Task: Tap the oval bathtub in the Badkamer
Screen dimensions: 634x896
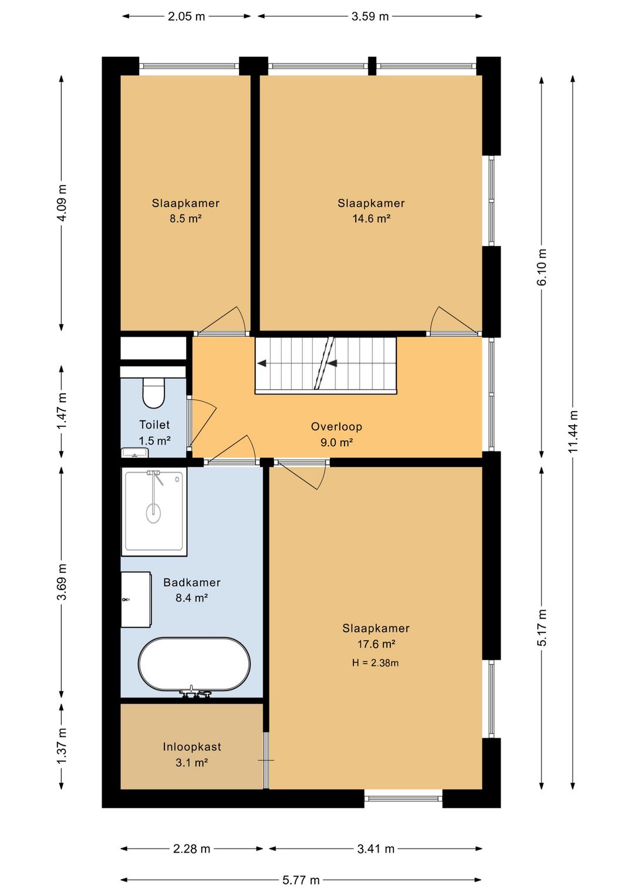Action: click(194, 664)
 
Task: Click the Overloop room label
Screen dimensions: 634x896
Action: click(336, 426)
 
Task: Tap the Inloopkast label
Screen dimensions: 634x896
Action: click(191, 747)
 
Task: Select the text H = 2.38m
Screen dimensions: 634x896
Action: click(375, 663)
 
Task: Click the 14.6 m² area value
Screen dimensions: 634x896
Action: click(371, 219)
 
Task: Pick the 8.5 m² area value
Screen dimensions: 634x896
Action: click(185, 219)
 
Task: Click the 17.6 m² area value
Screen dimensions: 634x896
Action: click(376, 644)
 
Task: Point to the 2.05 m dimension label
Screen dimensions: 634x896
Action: click(186, 16)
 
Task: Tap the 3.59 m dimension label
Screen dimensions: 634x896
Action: click(370, 16)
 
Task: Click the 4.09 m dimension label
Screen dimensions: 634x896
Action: click(62, 203)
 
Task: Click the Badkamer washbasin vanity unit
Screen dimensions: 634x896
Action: click(136, 599)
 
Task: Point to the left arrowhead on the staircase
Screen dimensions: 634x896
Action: click(262, 363)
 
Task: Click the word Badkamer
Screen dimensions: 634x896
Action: click(192, 582)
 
